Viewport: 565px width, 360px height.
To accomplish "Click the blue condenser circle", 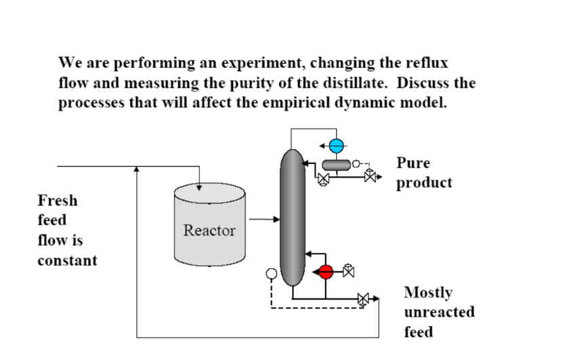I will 337,146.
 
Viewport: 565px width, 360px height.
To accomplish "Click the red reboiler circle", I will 326,272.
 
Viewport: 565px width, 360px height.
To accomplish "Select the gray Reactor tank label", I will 209,231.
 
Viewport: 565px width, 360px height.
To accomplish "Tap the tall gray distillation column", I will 293,217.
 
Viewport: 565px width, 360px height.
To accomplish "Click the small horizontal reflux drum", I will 336,165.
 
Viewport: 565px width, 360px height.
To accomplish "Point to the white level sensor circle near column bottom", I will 272,275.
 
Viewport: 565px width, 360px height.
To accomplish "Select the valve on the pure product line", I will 371,178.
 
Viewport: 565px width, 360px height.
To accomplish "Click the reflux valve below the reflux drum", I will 324,180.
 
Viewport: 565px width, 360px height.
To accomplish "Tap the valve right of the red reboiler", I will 348,271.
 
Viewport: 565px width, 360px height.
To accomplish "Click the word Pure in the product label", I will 413,163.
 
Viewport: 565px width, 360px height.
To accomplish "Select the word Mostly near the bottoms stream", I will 428,292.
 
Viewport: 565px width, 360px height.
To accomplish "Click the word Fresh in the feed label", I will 58,201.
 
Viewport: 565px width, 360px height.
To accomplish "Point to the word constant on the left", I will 67,260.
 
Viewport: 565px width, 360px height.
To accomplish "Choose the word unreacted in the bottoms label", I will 439,312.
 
